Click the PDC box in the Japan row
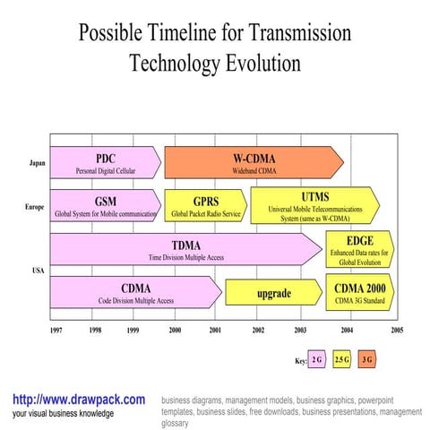point(106,161)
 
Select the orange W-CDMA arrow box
point(253,161)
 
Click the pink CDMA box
point(135,291)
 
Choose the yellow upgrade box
point(273,293)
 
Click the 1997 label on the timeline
point(56,330)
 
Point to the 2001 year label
point(216,330)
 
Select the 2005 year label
point(396,330)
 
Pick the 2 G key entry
point(317,360)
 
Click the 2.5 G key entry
point(341,360)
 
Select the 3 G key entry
point(367,360)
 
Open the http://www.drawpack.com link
point(79,400)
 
